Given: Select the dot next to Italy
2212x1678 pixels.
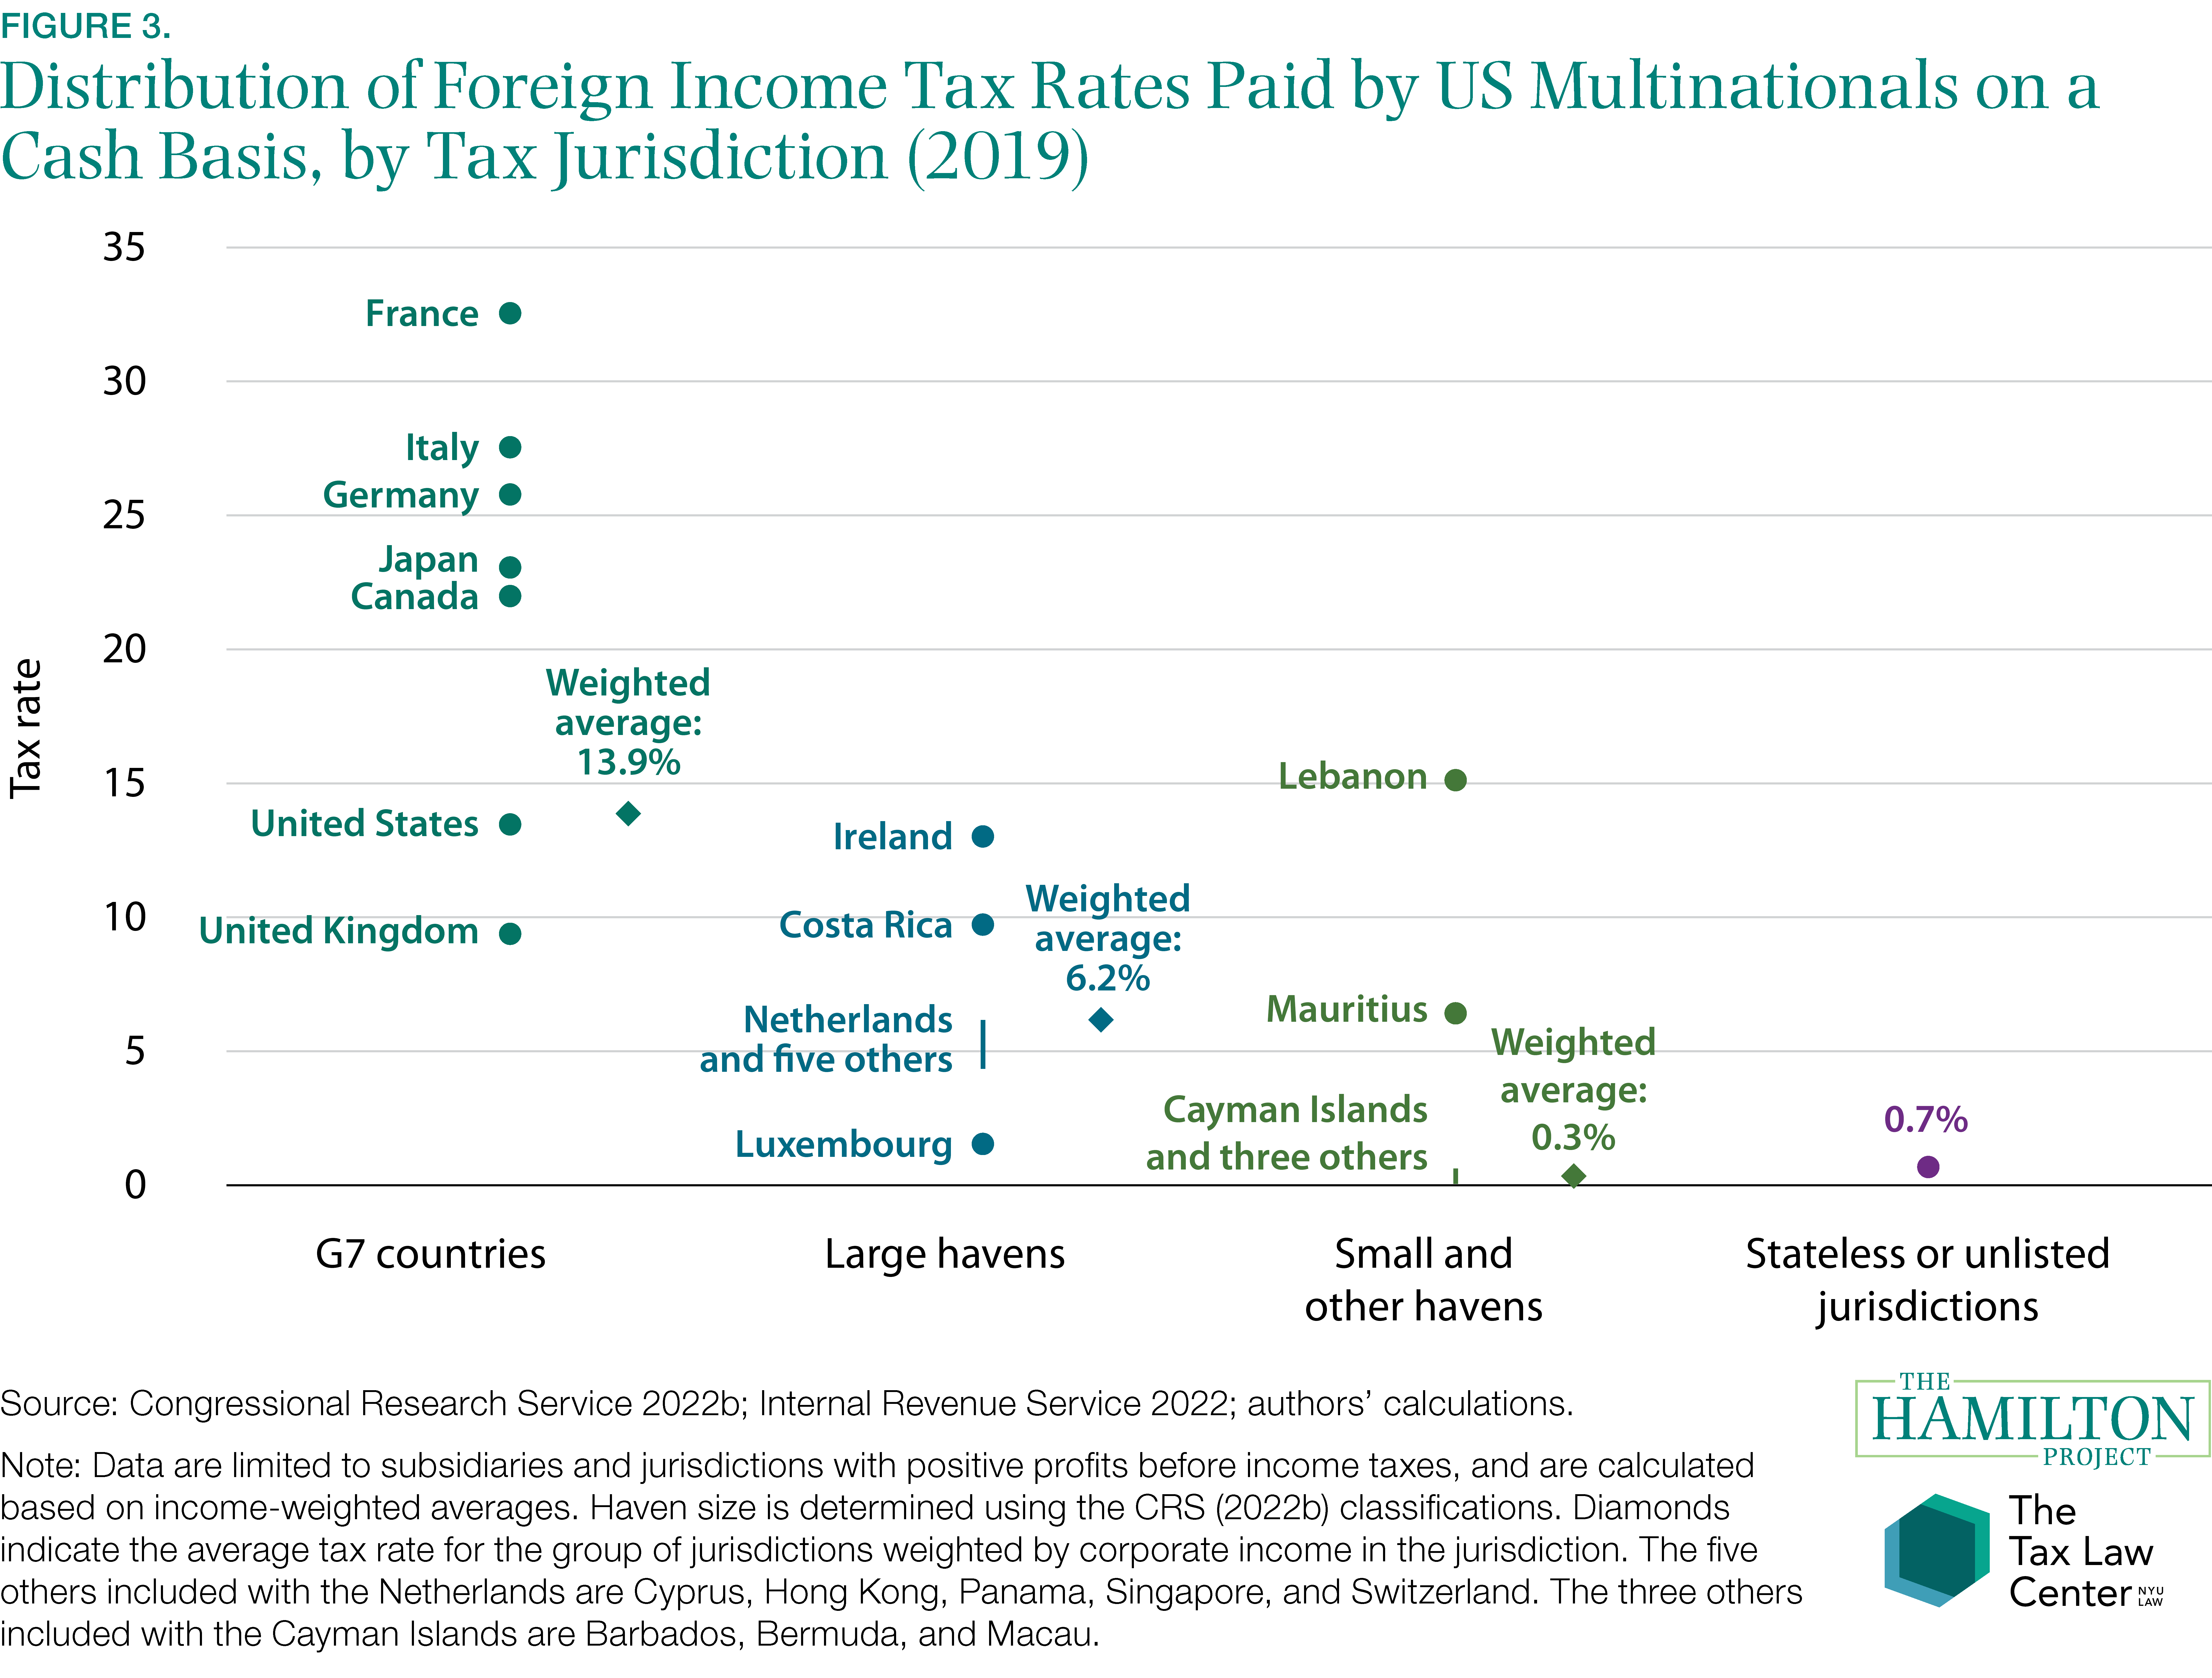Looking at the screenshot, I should (x=510, y=447).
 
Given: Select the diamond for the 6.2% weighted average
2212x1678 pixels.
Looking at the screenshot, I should (x=1101, y=1020).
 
